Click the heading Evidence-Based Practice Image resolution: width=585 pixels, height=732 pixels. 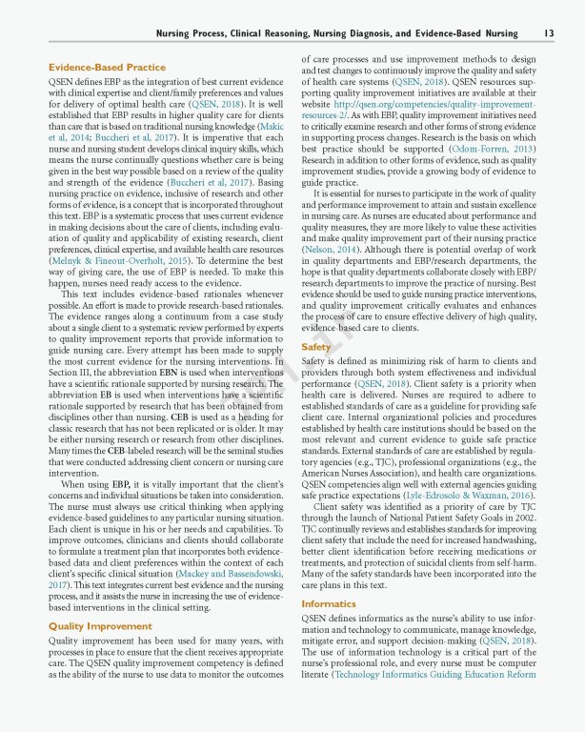[x=107, y=68]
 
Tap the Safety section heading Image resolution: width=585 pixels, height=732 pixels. [x=316, y=347]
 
